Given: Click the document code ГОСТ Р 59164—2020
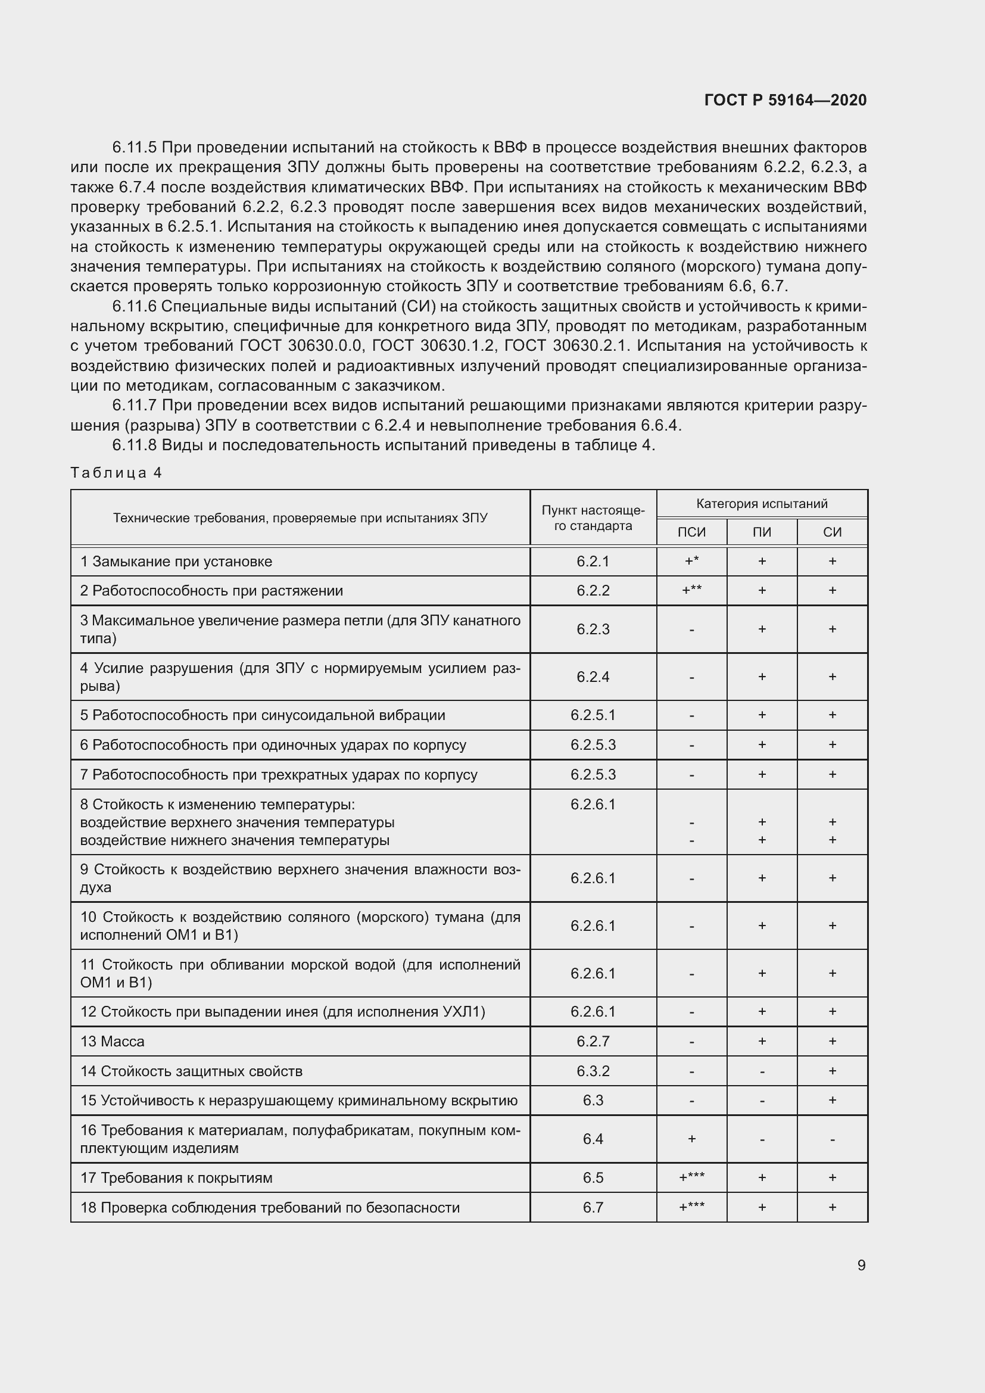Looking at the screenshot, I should click(785, 100).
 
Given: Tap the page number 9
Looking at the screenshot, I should click(861, 1265).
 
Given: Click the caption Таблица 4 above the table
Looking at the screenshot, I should click(116, 473).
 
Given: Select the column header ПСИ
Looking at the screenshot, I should click(691, 532).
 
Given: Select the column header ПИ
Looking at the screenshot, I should click(762, 532).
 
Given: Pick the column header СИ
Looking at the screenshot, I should click(832, 532).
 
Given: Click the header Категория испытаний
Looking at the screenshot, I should click(762, 504).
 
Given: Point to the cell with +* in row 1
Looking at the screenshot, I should click(691, 561).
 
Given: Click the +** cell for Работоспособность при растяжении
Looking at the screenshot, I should click(691, 590).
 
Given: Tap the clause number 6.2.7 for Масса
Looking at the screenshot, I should click(593, 1041).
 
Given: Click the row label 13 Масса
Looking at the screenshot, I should click(113, 1041).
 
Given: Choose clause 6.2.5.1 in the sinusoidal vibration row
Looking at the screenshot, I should click(593, 715).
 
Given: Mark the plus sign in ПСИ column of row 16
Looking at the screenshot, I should click(691, 1139).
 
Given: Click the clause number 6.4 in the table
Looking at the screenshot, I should click(593, 1139).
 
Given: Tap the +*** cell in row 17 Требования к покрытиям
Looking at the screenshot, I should click(691, 1177).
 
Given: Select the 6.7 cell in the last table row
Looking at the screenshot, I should click(593, 1207).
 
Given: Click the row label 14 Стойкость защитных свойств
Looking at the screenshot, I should click(191, 1071).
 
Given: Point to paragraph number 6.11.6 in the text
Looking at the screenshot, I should click(134, 306).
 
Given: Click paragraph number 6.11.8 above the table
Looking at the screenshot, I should click(134, 445).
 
